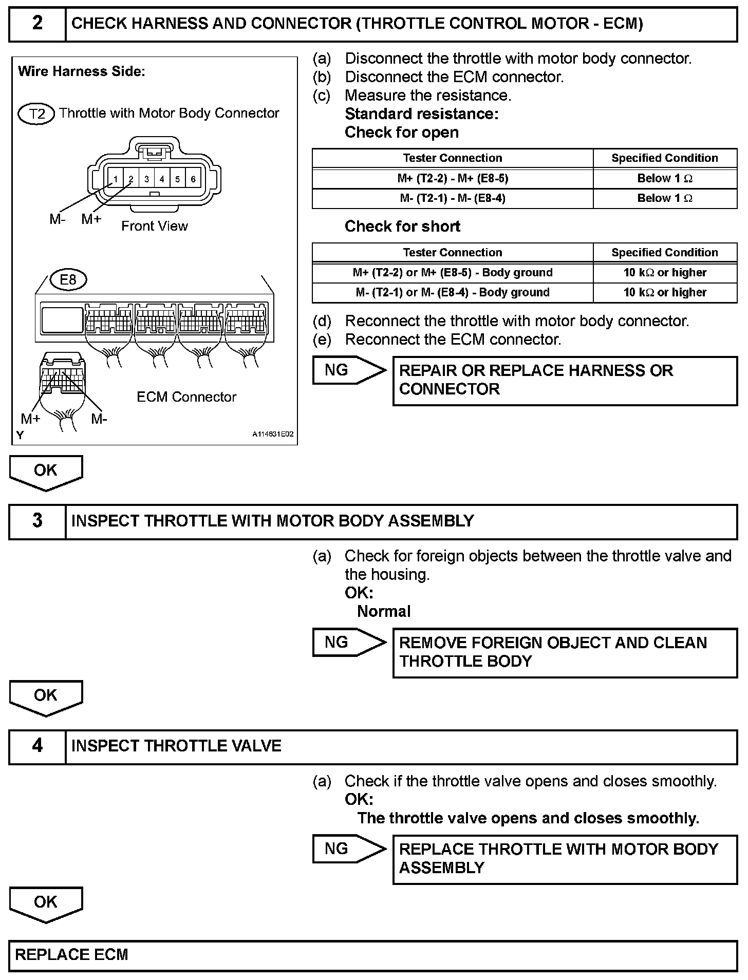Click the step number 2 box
pyautogui.click(x=38, y=24)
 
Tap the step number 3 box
pyautogui.click(x=38, y=521)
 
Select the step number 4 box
pyautogui.click(x=38, y=746)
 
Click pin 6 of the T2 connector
pyautogui.click(x=193, y=179)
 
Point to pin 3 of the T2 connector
pyautogui.click(x=146, y=179)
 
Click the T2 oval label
pyautogui.click(x=36, y=114)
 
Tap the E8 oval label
pyautogui.click(x=68, y=279)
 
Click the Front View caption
pyautogui.click(x=154, y=226)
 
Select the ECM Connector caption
pyautogui.click(x=186, y=397)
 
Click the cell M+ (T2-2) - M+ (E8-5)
pyautogui.click(x=452, y=179)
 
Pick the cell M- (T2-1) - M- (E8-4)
pyautogui.click(x=452, y=198)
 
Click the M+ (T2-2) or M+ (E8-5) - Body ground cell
pyautogui.click(x=452, y=273)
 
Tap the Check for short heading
pyautogui.click(x=402, y=227)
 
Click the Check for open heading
pyautogui.click(x=401, y=133)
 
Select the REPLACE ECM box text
pyautogui.click(x=71, y=955)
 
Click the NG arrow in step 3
pyautogui.click(x=348, y=643)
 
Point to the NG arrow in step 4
pyautogui.click(x=348, y=849)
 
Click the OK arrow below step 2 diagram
pyautogui.click(x=46, y=472)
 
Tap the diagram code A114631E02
pyautogui.click(x=272, y=435)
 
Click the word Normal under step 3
pyautogui.click(x=384, y=611)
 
